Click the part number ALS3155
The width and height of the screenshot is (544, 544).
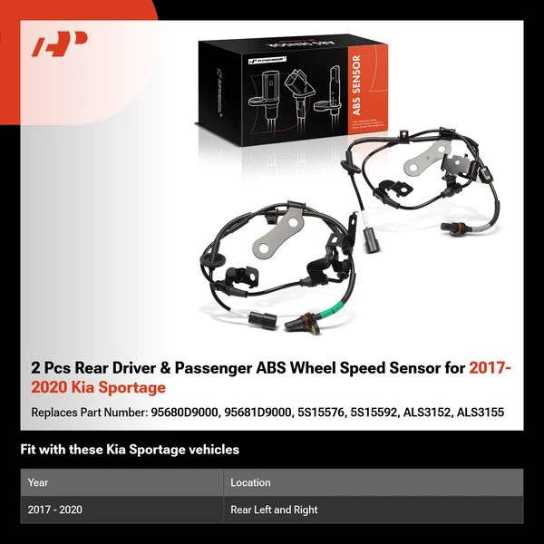point(479,413)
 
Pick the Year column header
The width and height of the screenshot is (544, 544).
point(38,482)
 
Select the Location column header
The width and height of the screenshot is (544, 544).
point(251,482)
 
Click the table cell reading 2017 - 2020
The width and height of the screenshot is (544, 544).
point(55,510)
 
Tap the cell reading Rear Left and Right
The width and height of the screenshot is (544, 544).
point(274,510)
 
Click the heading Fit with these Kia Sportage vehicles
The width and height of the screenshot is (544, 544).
point(130,449)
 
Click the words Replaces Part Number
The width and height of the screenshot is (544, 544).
point(87,413)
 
